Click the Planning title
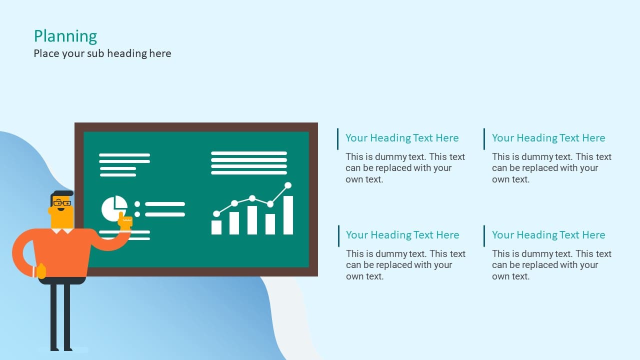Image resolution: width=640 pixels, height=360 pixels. (x=65, y=36)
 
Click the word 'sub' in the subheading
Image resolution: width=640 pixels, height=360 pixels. (x=95, y=53)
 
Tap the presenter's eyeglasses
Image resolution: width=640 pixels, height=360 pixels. (x=62, y=203)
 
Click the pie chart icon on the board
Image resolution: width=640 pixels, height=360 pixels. (x=114, y=208)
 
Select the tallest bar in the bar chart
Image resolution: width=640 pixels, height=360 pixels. (x=288, y=215)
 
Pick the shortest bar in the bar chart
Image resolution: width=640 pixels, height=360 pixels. (x=216, y=227)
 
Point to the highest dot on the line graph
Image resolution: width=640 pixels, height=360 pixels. (x=288, y=185)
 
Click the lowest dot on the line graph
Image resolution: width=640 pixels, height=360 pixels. (x=216, y=213)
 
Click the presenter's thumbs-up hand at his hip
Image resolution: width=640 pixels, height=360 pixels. (x=41, y=271)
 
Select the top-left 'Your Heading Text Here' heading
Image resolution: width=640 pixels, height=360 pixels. (x=402, y=138)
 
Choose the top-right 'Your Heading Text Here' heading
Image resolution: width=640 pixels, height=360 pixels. (x=548, y=138)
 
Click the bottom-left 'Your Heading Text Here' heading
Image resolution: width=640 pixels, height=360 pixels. (x=402, y=235)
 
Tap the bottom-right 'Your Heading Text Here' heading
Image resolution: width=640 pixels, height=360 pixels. (x=548, y=235)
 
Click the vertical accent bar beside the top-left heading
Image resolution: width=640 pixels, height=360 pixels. (x=337, y=139)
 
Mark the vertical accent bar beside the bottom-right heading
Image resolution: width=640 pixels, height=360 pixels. (x=484, y=236)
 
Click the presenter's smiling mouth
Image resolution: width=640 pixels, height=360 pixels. (x=61, y=209)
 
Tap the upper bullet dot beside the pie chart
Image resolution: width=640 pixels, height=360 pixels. (x=137, y=204)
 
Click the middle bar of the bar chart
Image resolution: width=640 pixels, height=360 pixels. (x=252, y=220)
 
